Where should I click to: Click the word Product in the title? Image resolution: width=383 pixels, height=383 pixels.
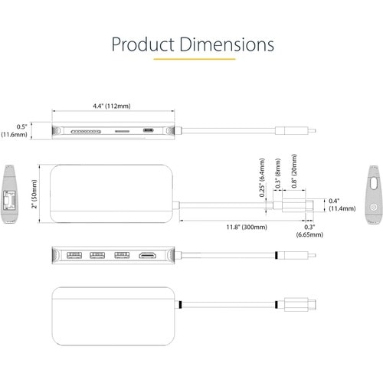(x=143, y=44)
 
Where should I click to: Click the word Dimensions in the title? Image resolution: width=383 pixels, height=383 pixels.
(x=227, y=44)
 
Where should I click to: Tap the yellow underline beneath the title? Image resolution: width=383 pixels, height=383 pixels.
(x=195, y=59)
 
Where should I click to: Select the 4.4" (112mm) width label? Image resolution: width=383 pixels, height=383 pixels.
(x=112, y=106)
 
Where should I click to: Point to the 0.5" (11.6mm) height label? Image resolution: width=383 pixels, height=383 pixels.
(x=15, y=130)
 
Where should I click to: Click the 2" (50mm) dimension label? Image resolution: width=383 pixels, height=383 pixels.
(x=34, y=194)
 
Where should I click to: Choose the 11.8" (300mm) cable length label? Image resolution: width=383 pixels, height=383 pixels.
(x=247, y=227)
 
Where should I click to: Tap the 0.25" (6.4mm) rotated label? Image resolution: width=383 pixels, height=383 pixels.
(x=262, y=178)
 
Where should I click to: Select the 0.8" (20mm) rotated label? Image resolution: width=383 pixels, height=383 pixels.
(x=294, y=171)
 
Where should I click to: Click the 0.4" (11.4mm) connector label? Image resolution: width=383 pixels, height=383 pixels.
(x=342, y=205)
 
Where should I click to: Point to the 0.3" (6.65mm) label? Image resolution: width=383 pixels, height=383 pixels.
(x=309, y=231)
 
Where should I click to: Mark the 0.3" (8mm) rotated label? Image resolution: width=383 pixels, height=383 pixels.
(x=278, y=174)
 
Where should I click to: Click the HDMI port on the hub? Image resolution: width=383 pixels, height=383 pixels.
(x=147, y=255)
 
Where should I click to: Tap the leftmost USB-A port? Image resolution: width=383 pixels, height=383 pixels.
(x=74, y=255)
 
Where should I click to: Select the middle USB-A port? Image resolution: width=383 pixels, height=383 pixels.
(x=97, y=255)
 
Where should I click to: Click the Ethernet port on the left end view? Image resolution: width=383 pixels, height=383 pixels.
(x=8, y=200)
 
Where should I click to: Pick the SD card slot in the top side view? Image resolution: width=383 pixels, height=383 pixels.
(x=86, y=132)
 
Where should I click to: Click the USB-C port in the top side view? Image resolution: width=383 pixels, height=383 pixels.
(x=148, y=130)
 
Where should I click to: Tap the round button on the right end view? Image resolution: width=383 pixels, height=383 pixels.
(x=374, y=207)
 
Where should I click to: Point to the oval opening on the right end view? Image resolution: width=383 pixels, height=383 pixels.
(x=374, y=183)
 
